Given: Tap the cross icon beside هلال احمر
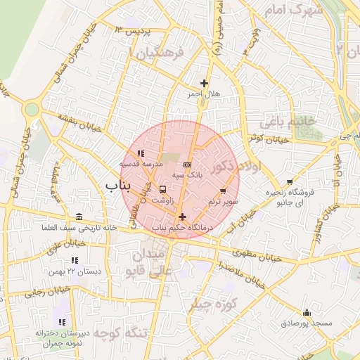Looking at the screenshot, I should coord(204,83).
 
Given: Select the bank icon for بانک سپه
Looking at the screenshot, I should coord(186,165).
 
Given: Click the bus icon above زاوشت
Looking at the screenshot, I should coord(163,189).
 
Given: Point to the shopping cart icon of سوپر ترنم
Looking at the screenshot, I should coord(224,191).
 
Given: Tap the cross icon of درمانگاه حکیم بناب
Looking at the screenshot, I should coord(183,217).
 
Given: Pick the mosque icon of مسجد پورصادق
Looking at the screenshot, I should coord(306,312).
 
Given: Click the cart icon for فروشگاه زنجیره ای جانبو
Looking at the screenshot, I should coord(289,181).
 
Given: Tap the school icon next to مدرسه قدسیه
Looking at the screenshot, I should coord(141,153).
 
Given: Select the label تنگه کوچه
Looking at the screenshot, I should coord(113,333).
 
